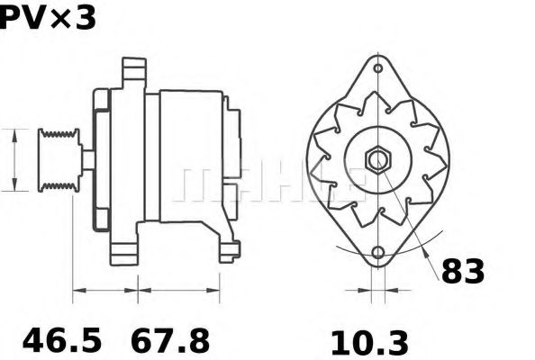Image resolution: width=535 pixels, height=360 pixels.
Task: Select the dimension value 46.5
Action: click(62, 341)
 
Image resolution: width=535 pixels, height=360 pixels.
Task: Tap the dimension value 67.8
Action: click(171, 341)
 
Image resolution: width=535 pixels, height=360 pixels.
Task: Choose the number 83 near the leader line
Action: click(462, 271)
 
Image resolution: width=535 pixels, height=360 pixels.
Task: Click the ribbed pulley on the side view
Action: click(58, 160)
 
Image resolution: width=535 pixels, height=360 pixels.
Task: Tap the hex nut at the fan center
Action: click(376, 160)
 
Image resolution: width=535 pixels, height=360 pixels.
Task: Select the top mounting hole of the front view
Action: click(377, 68)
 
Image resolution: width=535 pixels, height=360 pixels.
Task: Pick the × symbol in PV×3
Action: click(61, 20)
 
